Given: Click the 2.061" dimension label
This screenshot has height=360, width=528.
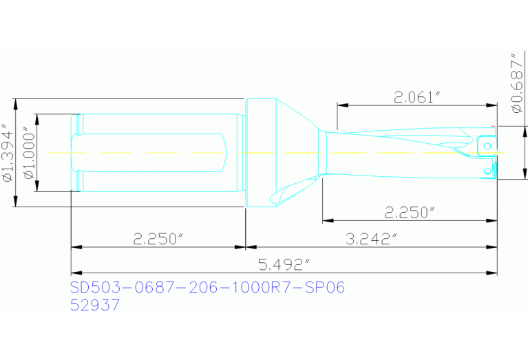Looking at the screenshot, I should [416, 97].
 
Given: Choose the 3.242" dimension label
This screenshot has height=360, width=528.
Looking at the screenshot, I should [372, 239].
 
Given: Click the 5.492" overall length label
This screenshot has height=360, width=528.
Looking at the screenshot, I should [284, 266].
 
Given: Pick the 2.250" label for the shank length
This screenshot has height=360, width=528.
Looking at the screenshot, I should [158, 239].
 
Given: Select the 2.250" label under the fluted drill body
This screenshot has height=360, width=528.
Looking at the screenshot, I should [410, 212].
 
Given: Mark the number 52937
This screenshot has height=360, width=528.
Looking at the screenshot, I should [95, 306].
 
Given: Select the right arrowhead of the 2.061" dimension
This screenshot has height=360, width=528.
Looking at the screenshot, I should [493, 105].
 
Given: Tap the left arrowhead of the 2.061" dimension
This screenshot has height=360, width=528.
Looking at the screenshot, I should [341, 105].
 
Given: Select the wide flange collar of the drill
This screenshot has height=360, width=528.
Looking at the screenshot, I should [260, 153].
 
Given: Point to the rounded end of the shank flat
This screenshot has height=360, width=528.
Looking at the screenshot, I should [225, 153].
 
